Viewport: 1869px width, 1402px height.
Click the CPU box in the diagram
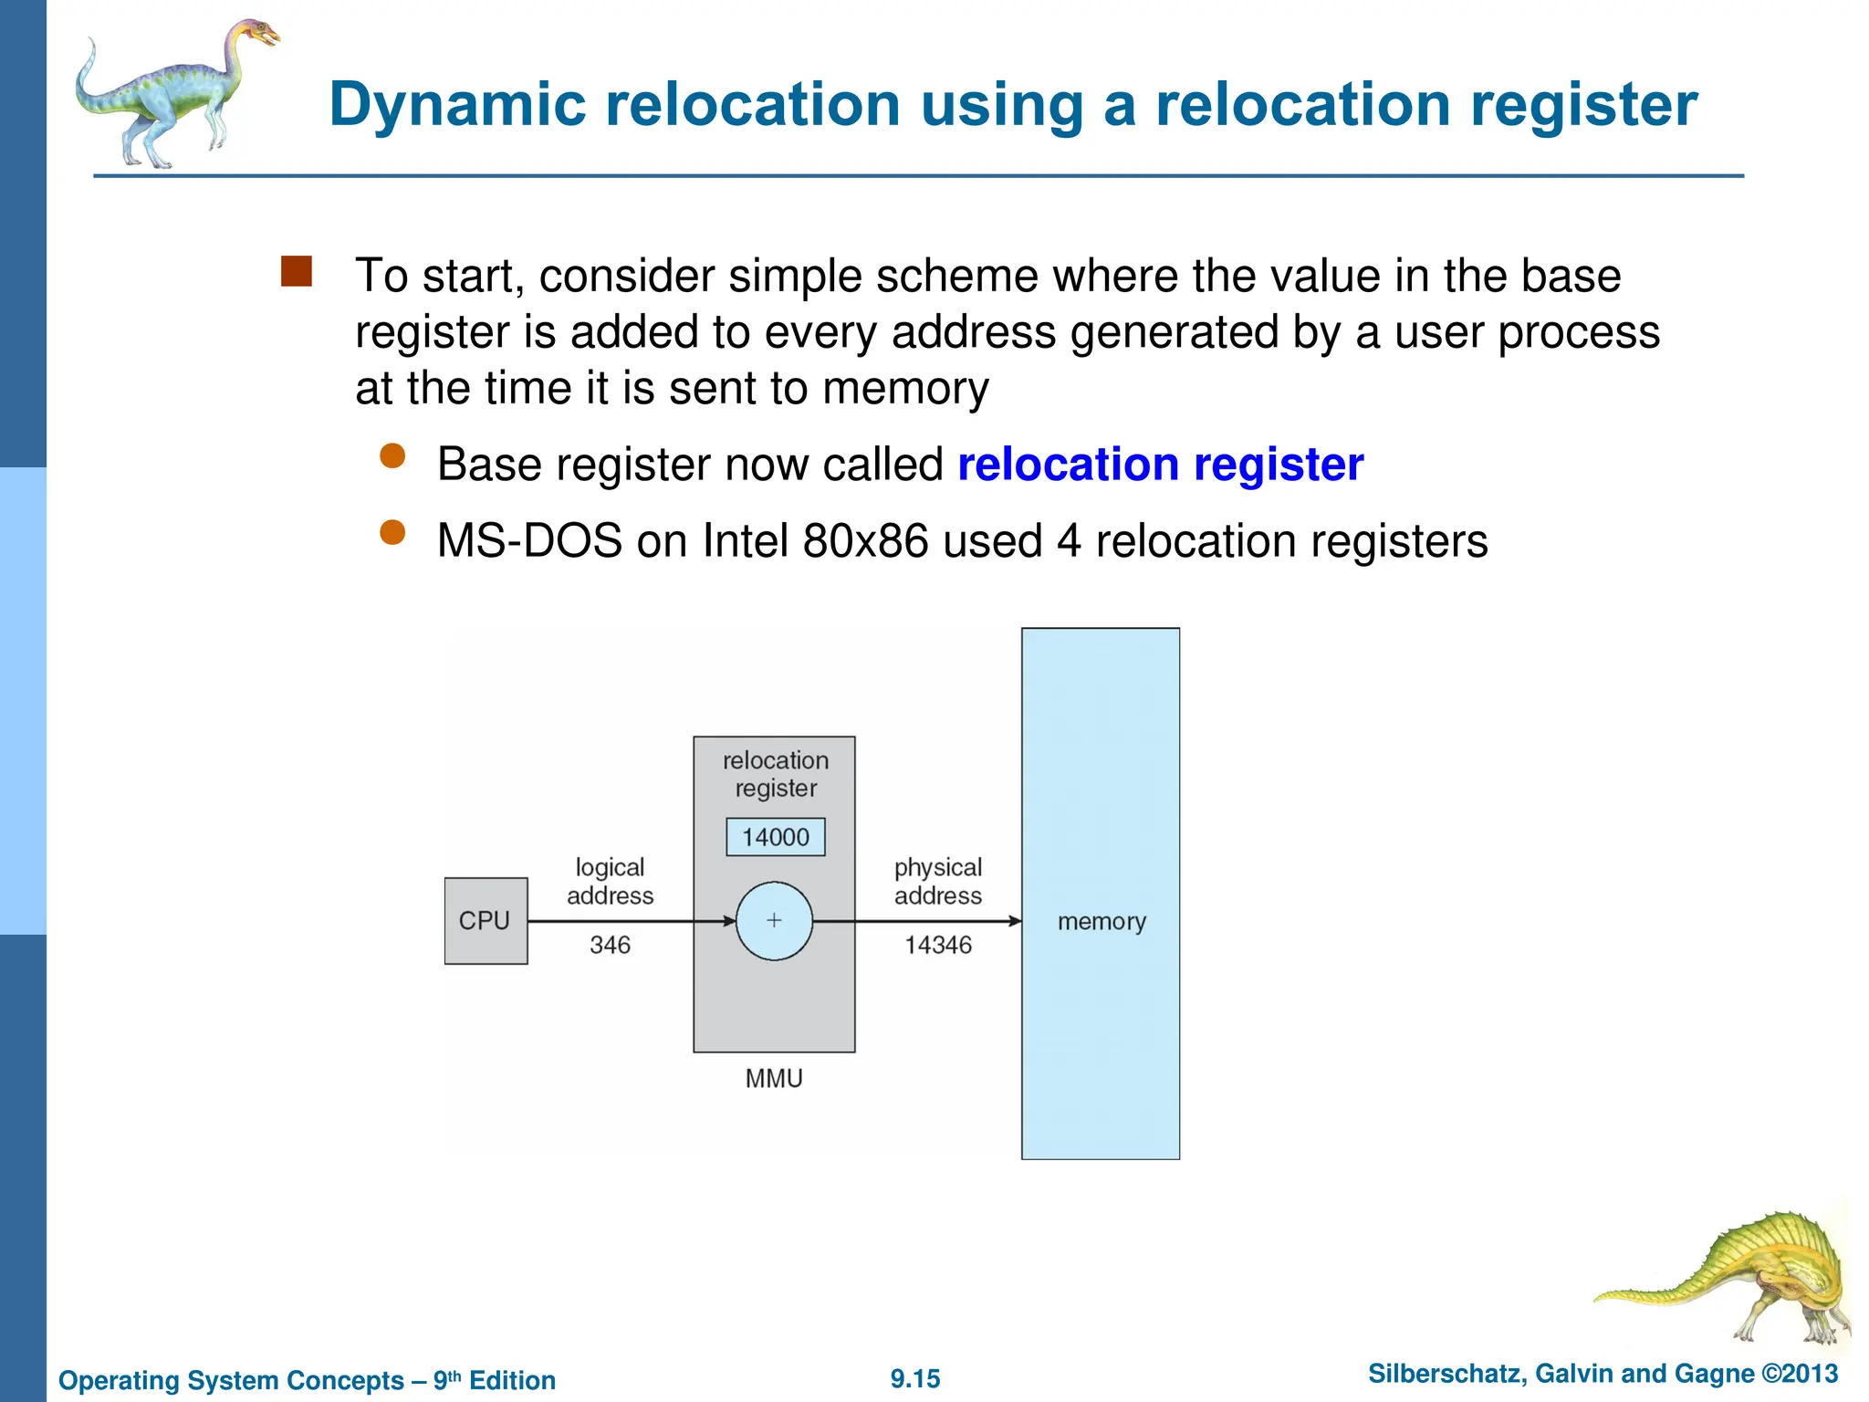(x=486, y=920)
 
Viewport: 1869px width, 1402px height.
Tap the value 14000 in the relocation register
(x=775, y=836)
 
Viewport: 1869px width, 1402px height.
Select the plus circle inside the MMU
(x=774, y=920)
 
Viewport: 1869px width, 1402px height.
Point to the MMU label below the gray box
(x=774, y=1078)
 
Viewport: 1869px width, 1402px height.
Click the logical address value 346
(x=610, y=945)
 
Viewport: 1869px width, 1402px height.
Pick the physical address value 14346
(x=938, y=945)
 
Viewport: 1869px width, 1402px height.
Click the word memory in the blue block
(x=1101, y=922)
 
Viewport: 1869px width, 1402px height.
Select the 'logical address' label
(x=610, y=881)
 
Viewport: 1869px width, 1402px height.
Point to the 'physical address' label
(x=938, y=881)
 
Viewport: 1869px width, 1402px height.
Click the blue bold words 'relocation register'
(x=1160, y=465)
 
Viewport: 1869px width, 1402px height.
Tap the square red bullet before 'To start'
(x=297, y=271)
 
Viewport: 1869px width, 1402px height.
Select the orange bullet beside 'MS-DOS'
(x=392, y=532)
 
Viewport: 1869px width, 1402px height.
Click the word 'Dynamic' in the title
(x=456, y=104)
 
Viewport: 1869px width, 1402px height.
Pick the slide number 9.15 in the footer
(x=915, y=1378)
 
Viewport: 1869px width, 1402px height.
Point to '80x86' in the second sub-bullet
(x=865, y=540)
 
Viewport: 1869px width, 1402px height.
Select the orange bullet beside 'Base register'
(x=392, y=455)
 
